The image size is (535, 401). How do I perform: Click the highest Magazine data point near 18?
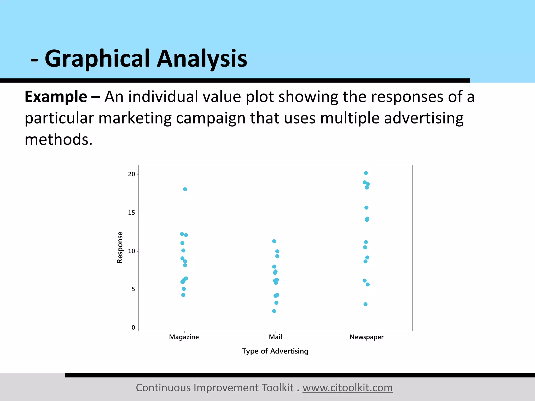click(x=185, y=189)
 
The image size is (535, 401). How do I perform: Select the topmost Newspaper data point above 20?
click(x=366, y=173)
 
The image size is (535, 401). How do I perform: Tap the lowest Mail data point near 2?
click(x=274, y=311)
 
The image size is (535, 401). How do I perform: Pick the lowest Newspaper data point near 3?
click(x=365, y=304)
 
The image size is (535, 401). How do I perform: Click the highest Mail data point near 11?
click(x=274, y=241)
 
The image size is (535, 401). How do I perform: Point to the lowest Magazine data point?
click(x=183, y=295)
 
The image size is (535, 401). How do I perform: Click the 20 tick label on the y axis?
click(x=131, y=174)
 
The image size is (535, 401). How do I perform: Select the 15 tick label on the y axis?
click(x=131, y=213)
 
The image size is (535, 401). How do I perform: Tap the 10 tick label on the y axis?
click(x=131, y=251)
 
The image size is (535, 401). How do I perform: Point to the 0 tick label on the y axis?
click(x=133, y=328)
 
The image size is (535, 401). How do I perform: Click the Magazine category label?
click(x=184, y=337)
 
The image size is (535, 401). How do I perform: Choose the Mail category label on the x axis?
click(x=275, y=337)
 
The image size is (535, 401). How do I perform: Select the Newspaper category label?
click(x=367, y=337)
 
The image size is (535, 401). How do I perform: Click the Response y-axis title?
click(x=120, y=247)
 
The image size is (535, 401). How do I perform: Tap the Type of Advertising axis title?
click(x=275, y=351)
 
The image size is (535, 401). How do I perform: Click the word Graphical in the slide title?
click(x=97, y=59)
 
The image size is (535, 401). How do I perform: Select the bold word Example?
click(x=56, y=97)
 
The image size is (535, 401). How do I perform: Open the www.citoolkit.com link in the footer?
click(x=347, y=388)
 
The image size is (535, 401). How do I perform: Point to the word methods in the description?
click(x=59, y=139)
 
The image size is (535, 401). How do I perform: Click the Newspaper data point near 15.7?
click(x=366, y=208)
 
